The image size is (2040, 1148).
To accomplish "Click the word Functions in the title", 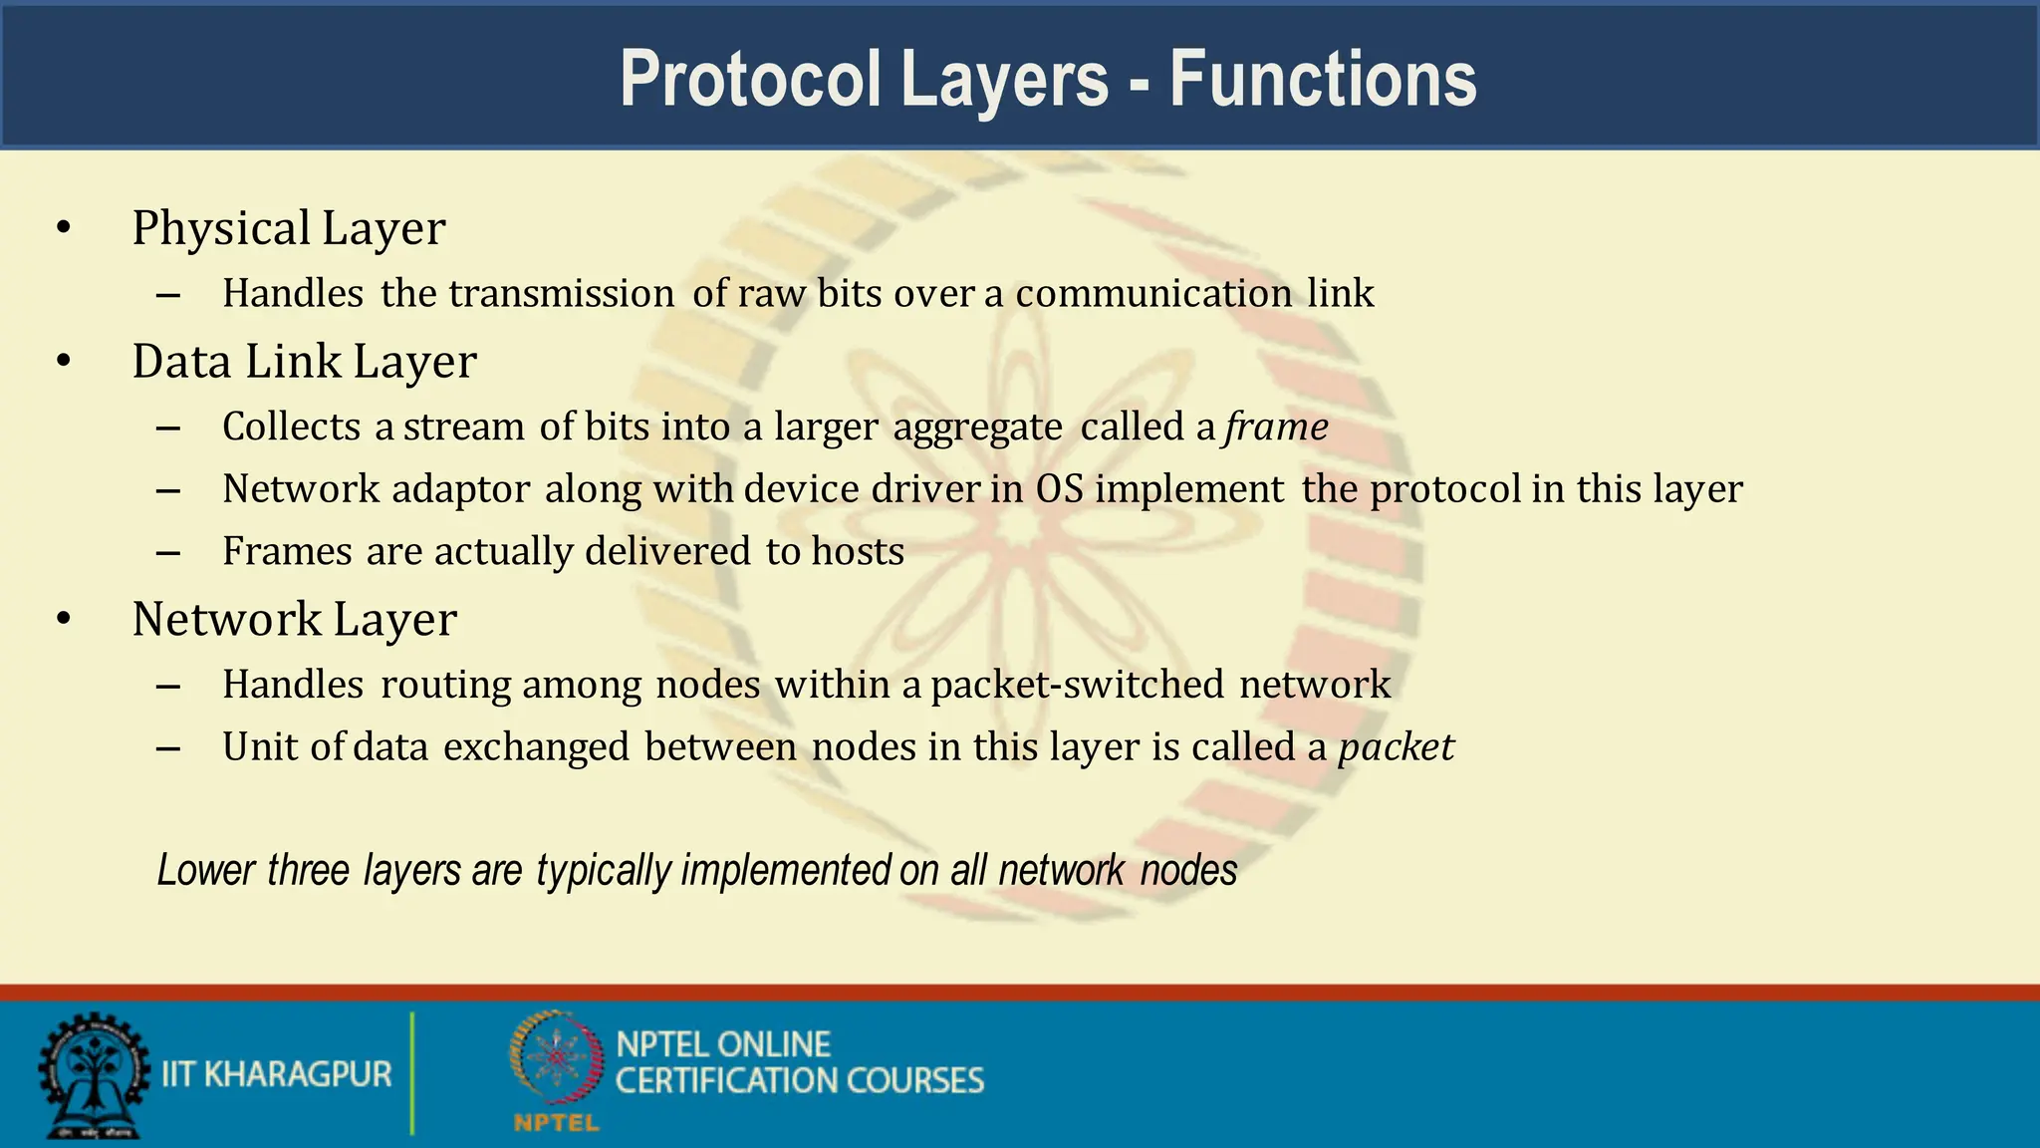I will pos(1323,79).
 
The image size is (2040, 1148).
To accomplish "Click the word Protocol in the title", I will pos(750,79).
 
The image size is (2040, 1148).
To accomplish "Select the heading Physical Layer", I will pos(289,228).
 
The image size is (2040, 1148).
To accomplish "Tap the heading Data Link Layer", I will pos(304,362).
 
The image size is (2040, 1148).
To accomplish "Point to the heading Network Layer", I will pos(295,620).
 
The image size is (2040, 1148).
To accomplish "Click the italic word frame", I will pos(1276,427).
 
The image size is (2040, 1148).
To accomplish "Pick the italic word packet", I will pos(1396,747).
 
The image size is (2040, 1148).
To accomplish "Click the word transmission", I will pos(562,294).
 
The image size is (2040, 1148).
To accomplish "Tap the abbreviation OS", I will pos(1059,489).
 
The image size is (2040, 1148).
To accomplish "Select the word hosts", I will pos(858,552).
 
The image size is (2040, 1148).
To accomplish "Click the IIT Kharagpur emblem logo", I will pos(93,1076).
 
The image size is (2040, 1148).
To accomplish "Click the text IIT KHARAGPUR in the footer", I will pos(277,1074).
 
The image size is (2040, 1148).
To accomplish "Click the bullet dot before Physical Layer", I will pos(64,228).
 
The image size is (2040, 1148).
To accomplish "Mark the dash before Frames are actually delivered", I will pos(168,552).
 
